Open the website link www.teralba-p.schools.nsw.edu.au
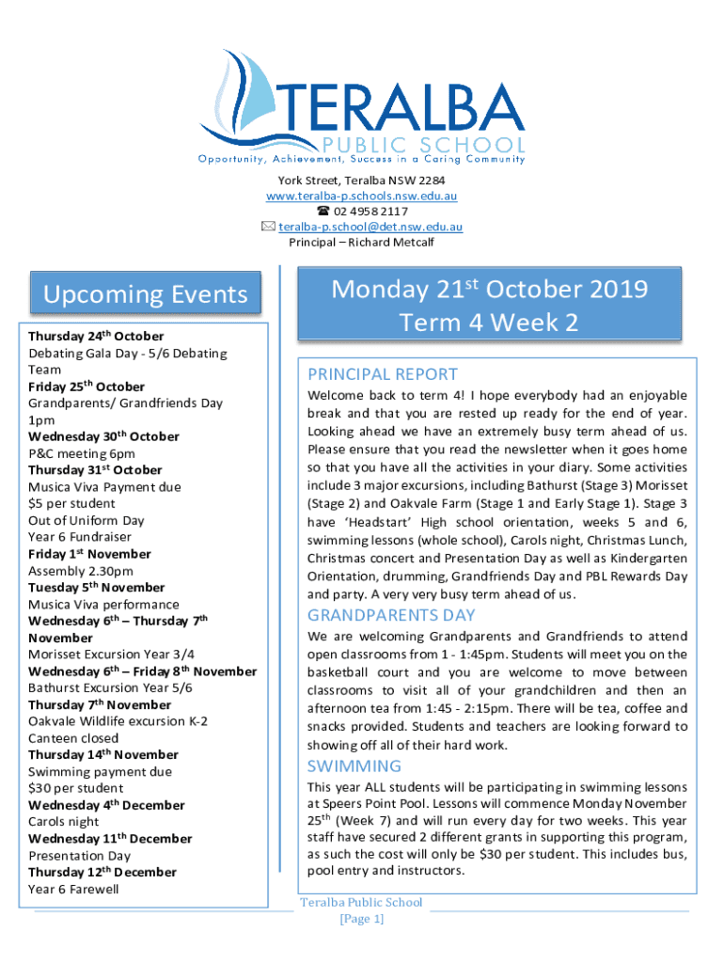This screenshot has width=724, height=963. tap(361, 196)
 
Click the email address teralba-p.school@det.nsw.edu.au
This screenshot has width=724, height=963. tap(369, 227)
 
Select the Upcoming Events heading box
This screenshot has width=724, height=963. tap(145, 294)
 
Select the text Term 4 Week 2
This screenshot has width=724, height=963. tap(489, 323)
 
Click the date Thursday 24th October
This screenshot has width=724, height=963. tap(96, 336)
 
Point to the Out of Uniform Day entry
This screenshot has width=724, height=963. tap(87, 520)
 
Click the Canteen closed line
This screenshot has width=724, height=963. tap(73, 738)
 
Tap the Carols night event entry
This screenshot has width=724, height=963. tap(63, 822)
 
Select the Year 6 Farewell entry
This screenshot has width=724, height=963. tap(73, 889)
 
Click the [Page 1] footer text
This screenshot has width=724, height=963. tap(361, 919)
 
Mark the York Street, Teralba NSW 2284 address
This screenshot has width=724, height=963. tap(361, 181)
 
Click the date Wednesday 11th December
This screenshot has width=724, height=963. tap(110, 839)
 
